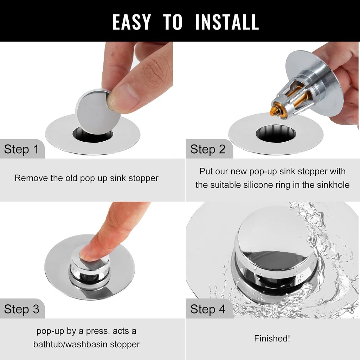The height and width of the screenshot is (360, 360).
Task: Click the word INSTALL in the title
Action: pos(227,22)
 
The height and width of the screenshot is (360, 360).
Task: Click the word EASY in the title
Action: pos(131,22)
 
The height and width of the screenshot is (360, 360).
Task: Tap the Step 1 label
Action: pos(21,149)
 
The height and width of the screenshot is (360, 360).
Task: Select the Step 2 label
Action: pos(208,149)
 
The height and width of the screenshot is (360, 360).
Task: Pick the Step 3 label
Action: pos(21,309)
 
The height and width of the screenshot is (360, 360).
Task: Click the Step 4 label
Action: pos(208,309)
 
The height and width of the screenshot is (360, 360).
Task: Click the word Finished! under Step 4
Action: pos(272,339)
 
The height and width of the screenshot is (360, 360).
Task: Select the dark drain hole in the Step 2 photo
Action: pos(275,134)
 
